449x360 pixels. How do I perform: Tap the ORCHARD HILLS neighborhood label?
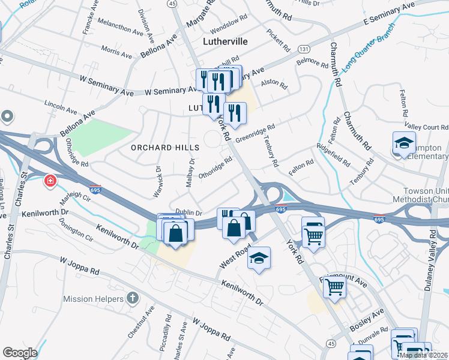click(160, 147)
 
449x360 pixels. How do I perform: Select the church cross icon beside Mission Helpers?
click(133, 298)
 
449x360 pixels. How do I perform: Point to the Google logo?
click(20, 352)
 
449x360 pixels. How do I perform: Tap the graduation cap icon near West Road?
click(259, 257)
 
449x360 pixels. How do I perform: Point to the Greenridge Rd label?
click(255, 134)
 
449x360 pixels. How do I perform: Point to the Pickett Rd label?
click(279, 40)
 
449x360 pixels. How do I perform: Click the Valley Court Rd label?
click(427, 127)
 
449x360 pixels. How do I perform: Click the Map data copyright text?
click(423, 355)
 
